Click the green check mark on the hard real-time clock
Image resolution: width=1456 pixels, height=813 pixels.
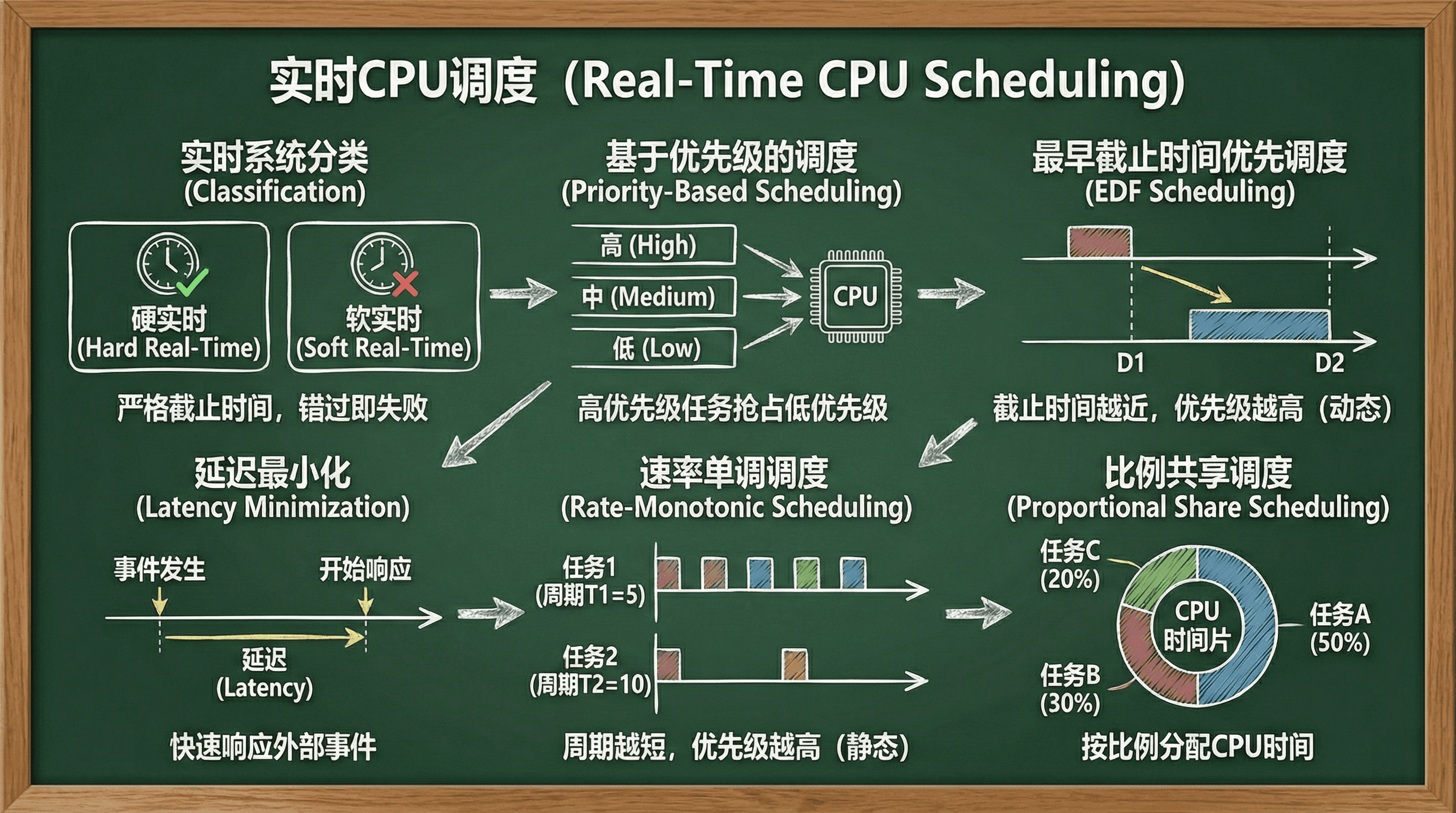tap(192, 282)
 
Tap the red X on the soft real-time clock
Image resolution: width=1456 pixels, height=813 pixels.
tap(405, 284)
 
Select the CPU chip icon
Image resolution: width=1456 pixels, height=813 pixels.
tap(854, 296)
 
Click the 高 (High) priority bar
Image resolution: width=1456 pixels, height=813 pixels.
tap(653, 245)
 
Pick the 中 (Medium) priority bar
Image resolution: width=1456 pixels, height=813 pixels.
tap(653, 297)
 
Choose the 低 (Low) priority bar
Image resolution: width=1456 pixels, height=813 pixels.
tap(653, 348)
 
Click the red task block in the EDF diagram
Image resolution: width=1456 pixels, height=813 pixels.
tap(1099, 242)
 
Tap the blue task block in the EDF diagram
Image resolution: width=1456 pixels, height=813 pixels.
tap(1259, 325)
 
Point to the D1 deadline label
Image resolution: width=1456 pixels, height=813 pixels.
tap(1131, 363)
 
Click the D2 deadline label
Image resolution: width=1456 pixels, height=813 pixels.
tap(1329, 363)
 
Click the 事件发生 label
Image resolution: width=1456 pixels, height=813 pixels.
tap(159, 569)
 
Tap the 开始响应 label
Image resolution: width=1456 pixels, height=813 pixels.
tap(366, 569)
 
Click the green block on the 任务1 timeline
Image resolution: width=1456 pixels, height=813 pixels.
tap(806, 573)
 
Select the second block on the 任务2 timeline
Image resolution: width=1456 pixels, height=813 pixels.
tap(795, 665)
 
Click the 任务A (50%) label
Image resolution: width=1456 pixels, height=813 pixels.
tap(1340, 628)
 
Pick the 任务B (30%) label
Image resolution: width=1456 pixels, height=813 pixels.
tap(1070, 689)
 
